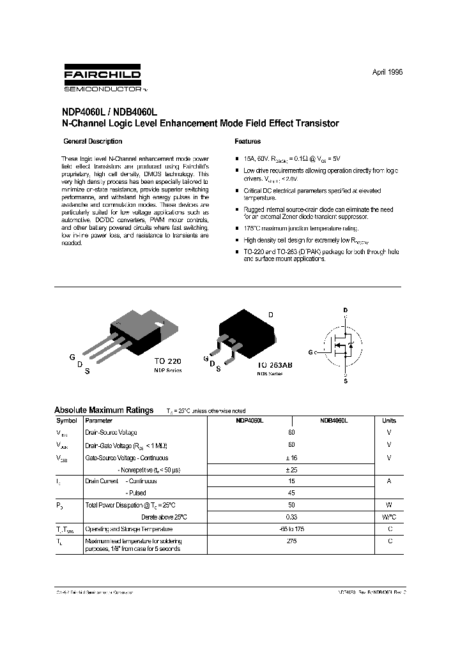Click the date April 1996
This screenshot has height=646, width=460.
(x=387, y=73)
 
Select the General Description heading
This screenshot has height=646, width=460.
(x=93, y=142)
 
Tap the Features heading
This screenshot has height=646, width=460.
(x=248, y=142)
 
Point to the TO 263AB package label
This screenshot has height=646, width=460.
(x=275, y=364)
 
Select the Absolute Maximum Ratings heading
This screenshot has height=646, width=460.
(x=103, y=410)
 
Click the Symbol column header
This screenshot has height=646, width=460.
(x=66, y=421)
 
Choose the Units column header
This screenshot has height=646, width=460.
(x=389, y=421)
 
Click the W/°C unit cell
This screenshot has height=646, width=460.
(x=389, y=516)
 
